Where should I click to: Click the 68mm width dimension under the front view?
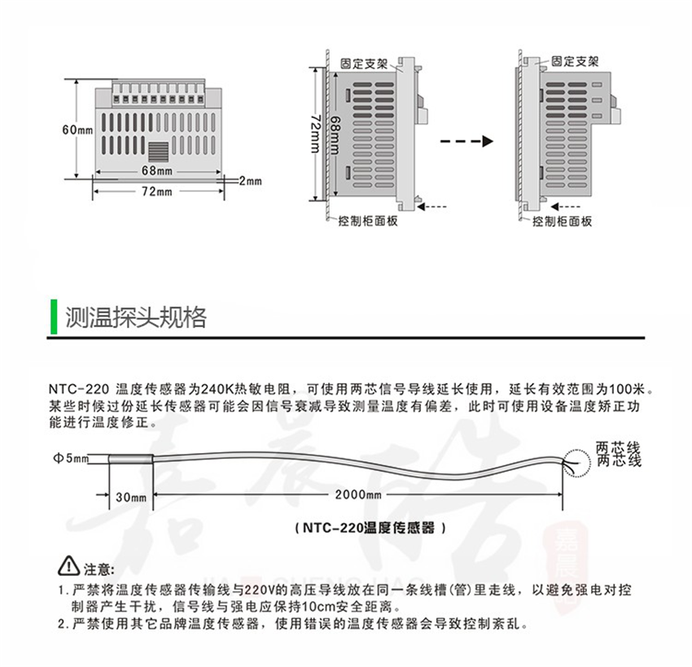coord(156,170)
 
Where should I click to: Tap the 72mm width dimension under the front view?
coord(158,191)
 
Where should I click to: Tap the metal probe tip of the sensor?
coord(128,460)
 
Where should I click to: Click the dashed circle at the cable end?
coord(573,461)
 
